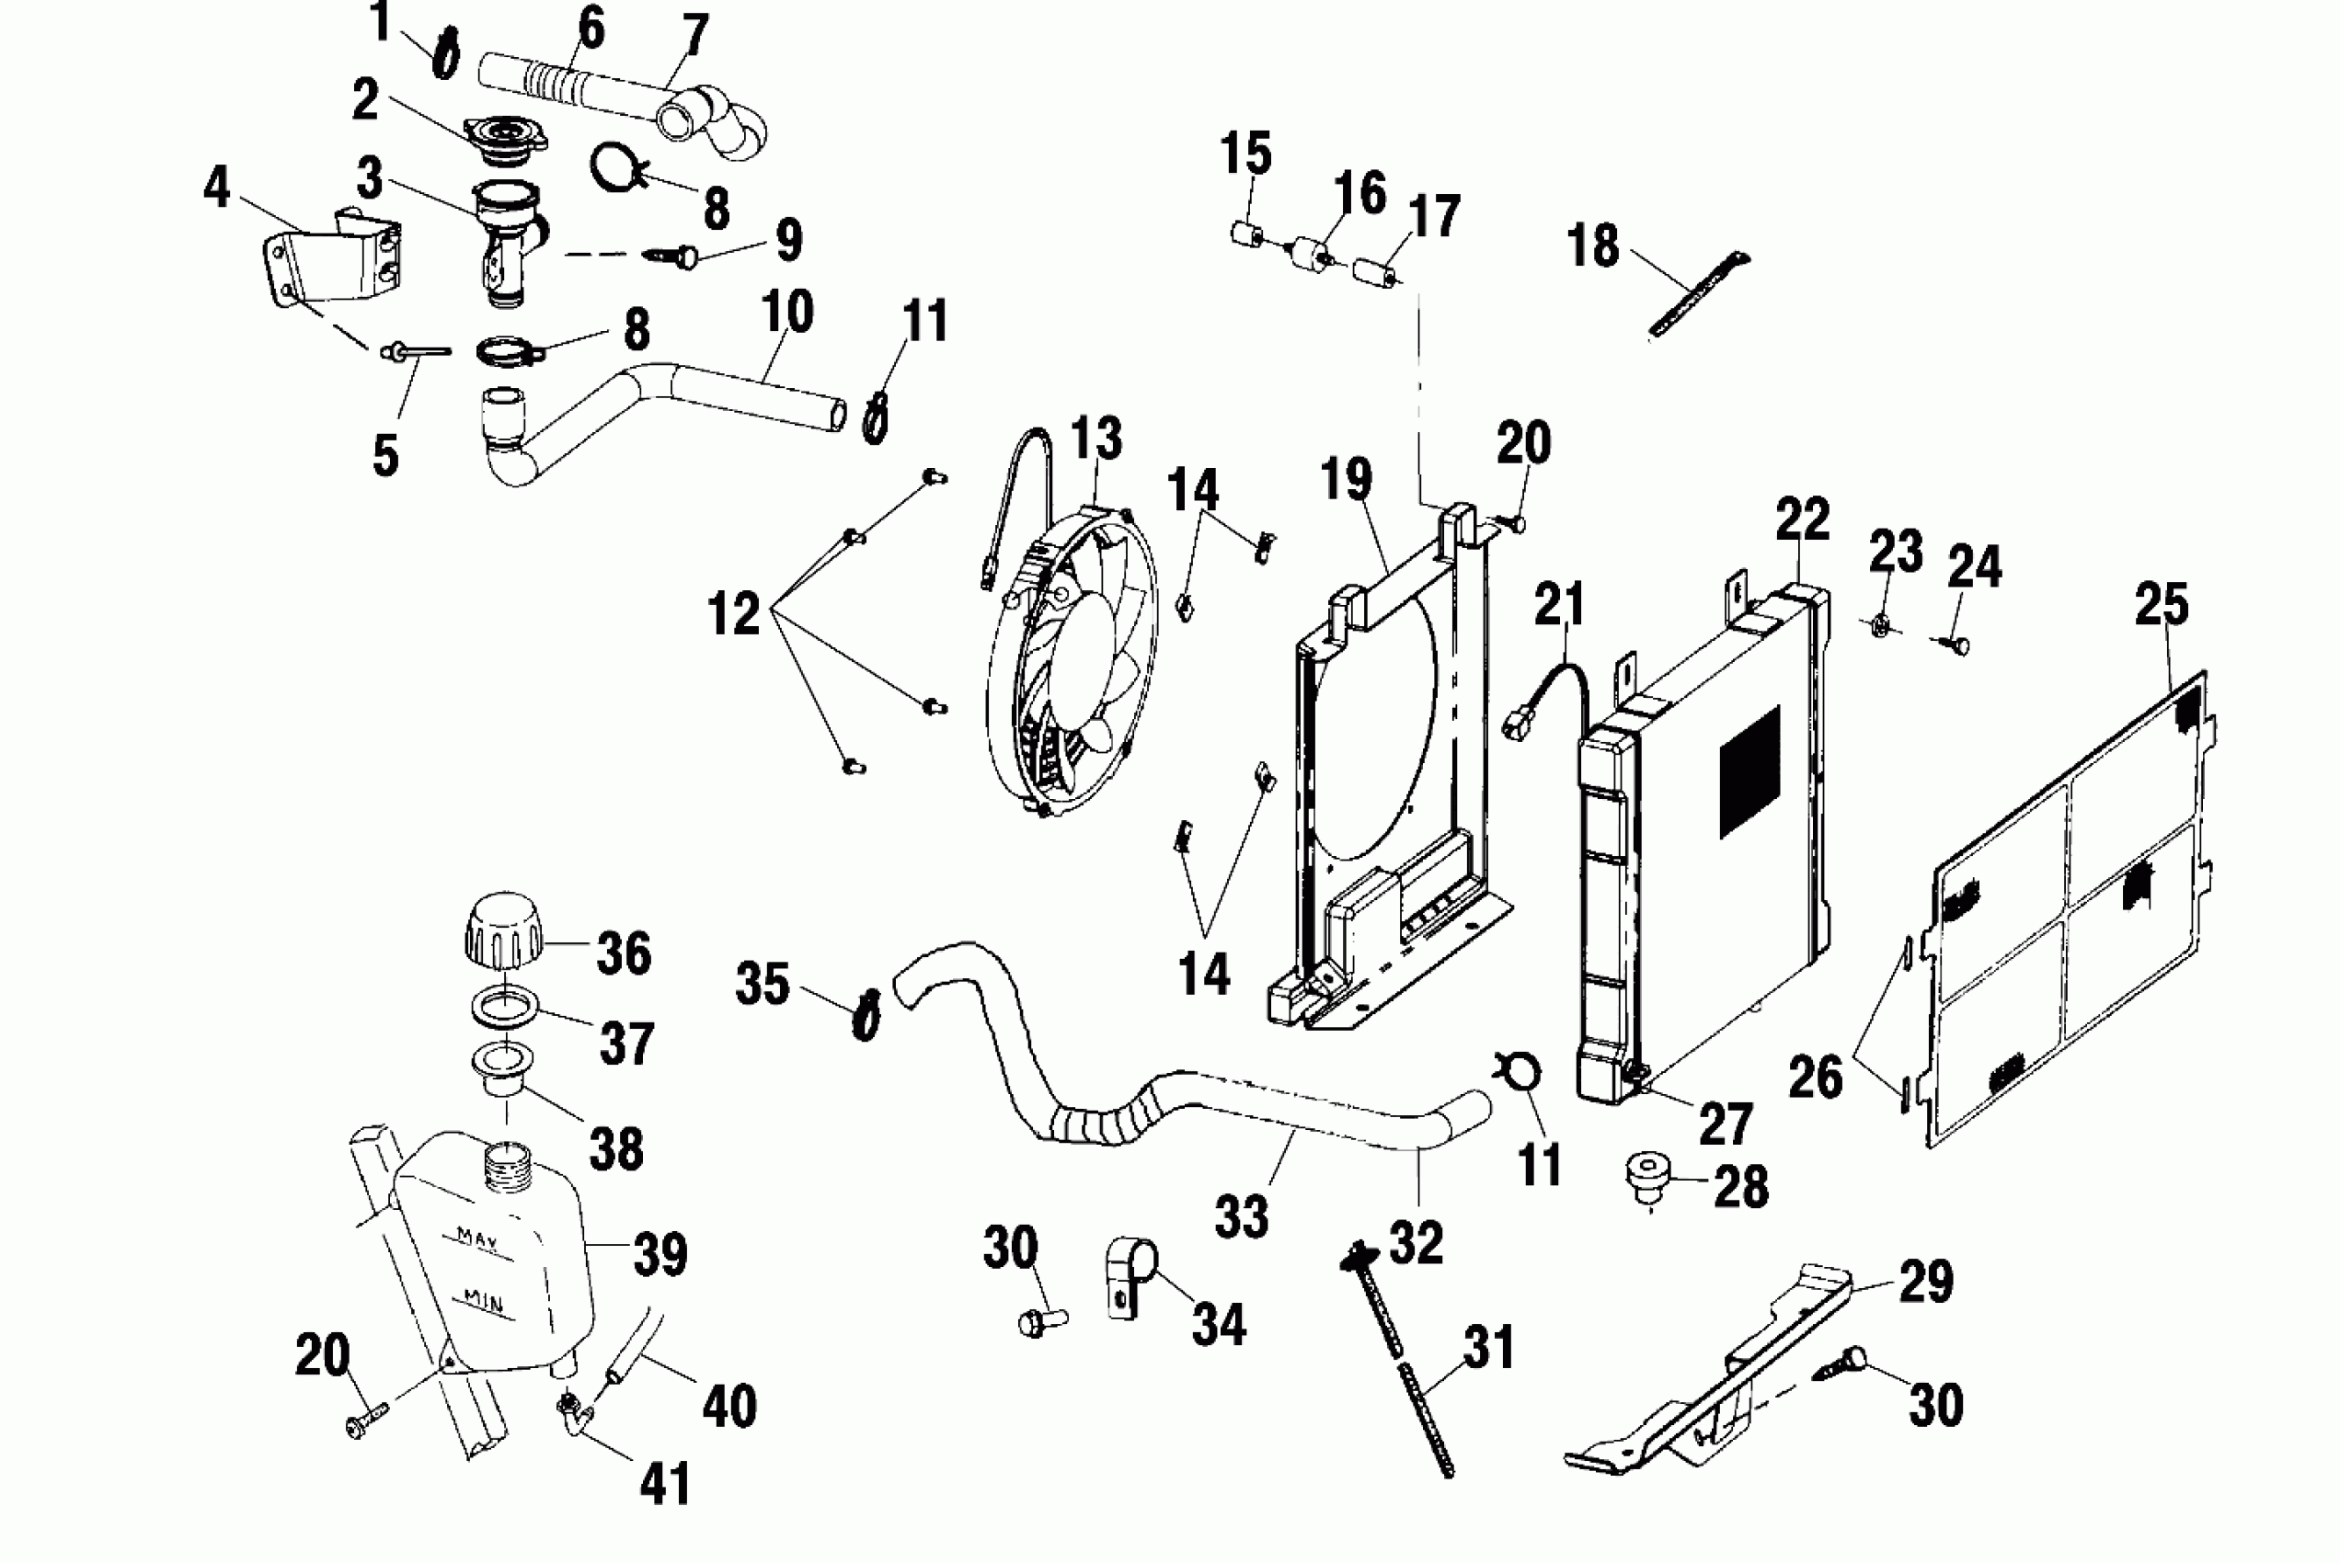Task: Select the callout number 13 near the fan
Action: [x=1096, y=439]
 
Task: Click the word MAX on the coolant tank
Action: [x=477, y=1239]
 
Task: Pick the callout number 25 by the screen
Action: [x=2162, y=605]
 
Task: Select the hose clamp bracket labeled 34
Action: [x=1132, y=1277]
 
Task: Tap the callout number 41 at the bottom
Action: [x=666, y=1484]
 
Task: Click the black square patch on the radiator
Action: [x=1749, y=771]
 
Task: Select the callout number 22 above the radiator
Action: [x=1803, y=519]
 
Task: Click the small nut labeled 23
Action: [x=1878, y=627]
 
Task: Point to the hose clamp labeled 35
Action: [x=866, y=1015]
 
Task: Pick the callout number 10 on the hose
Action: [x=787, y=312]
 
